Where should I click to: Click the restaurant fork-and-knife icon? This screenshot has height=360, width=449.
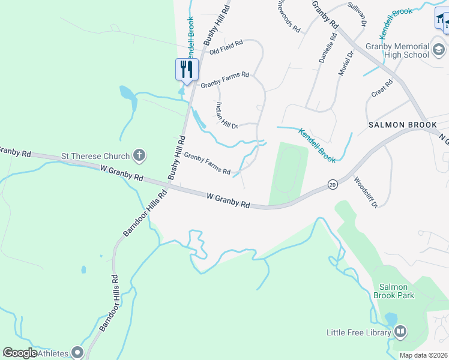click(187, 69)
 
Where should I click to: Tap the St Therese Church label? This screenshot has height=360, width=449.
click(95, 157)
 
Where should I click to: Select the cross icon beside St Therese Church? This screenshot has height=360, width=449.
click(139, 156)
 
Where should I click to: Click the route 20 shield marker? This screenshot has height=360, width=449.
click(333, 184)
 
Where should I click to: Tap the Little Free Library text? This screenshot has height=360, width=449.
click(358, 332)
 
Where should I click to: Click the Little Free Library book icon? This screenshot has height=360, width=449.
click(400, 331)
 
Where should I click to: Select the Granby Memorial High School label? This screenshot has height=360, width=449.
click(397, 50)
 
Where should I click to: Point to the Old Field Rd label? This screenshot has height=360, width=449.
click(226, 47)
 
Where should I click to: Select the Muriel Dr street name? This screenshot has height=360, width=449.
click(347, 62)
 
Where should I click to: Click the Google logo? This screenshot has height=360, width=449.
click(20, 353)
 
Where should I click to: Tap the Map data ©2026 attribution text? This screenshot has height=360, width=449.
click(423, 355)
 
